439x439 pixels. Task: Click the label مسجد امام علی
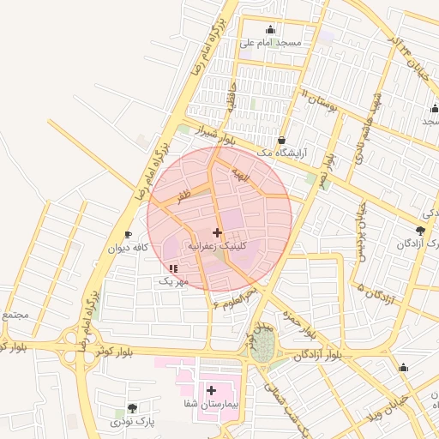[270, 42]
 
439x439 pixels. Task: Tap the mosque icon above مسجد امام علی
[271, 29]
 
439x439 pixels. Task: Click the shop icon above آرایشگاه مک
[281, 140]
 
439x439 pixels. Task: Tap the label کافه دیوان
[128, 248]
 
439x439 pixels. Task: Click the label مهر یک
[172, 280]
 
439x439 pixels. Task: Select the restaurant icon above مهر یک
[173, 268]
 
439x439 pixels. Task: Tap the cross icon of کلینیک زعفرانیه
[217, 232]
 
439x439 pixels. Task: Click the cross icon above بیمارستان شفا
[211, 390]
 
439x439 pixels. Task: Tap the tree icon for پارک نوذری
[131, 408]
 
